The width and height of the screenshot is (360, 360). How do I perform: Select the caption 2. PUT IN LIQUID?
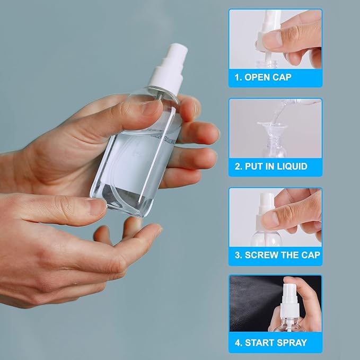tap(270, 166)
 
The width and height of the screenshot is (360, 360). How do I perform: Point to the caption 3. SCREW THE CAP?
tap(277, 255)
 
